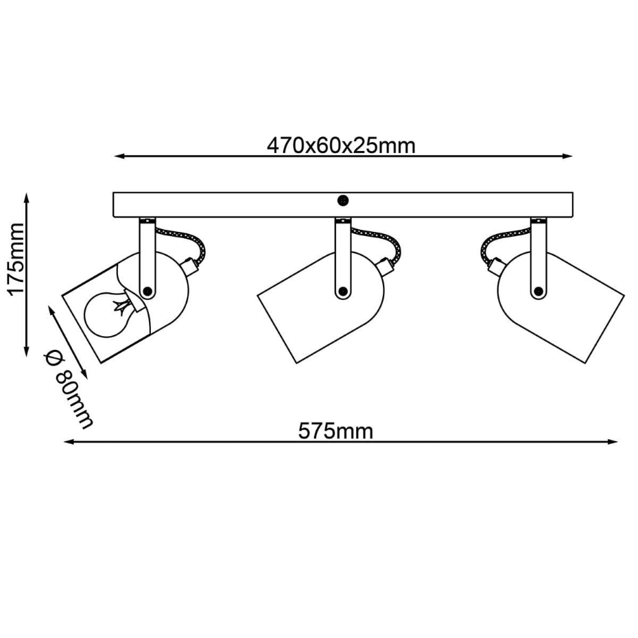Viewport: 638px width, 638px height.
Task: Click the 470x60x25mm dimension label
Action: (341, 145)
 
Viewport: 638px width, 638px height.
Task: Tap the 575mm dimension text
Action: (335, 431)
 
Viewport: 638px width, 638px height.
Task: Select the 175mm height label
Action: (16, 259)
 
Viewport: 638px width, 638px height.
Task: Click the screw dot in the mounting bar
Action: (343, 200)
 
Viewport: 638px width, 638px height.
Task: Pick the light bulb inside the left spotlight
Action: (108, 311)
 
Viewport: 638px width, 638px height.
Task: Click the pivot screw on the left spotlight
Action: (147, 291)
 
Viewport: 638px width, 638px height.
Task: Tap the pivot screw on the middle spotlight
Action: (343, 291)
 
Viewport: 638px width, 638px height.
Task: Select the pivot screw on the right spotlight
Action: (539, 291)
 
